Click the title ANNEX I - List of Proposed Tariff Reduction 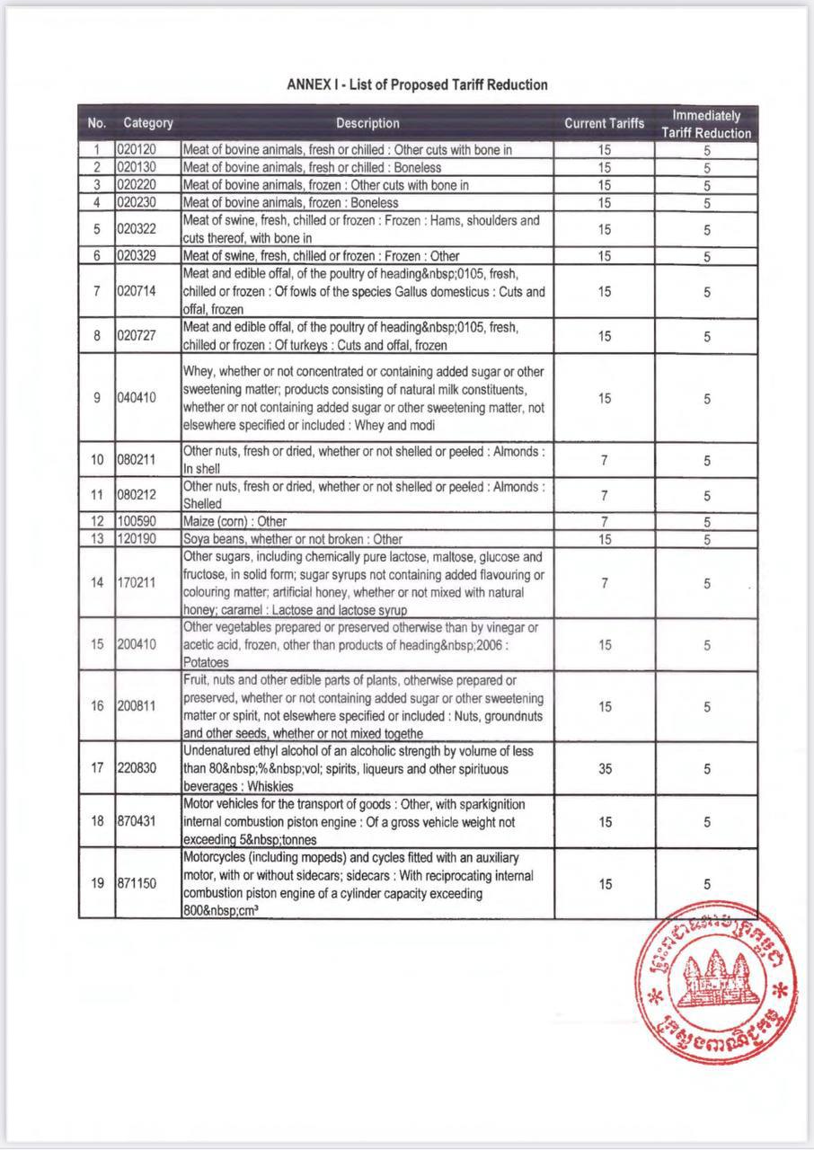[x=417, y=84]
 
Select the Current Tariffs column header [x=604, y=123]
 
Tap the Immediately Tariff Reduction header [x=706, y=124]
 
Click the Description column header [x=367, y=123]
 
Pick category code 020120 [x=137, y=150]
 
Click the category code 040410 [x=137, y=398]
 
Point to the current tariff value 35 [x=604, y=769]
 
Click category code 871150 [x=137, y=883]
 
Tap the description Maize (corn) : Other [x=235, y=521]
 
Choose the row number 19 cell [x=97, y=883]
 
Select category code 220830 [x=137, y=769]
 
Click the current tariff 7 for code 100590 [x=604, y=521]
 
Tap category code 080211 [x=137, y=460]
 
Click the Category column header [x=148, y=123]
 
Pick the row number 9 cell [x=97, y=398]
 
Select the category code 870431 [x=137, y=822]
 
